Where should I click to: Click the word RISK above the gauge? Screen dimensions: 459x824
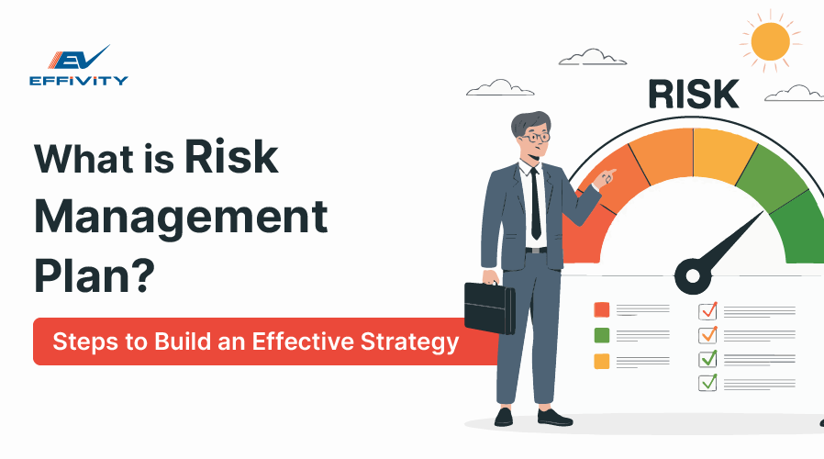pos(693,95)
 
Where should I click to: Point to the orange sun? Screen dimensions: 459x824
pos(770,41)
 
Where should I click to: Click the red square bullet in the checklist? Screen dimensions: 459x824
pos(602,309)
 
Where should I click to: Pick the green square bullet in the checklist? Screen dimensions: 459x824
pos(602,335)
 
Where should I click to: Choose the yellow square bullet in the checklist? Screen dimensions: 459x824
pos(602,361)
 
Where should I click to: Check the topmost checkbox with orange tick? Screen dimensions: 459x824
pos(707,310)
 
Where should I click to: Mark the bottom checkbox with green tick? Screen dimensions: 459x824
pos(707,382)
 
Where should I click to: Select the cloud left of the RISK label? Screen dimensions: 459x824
pos(500,87)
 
